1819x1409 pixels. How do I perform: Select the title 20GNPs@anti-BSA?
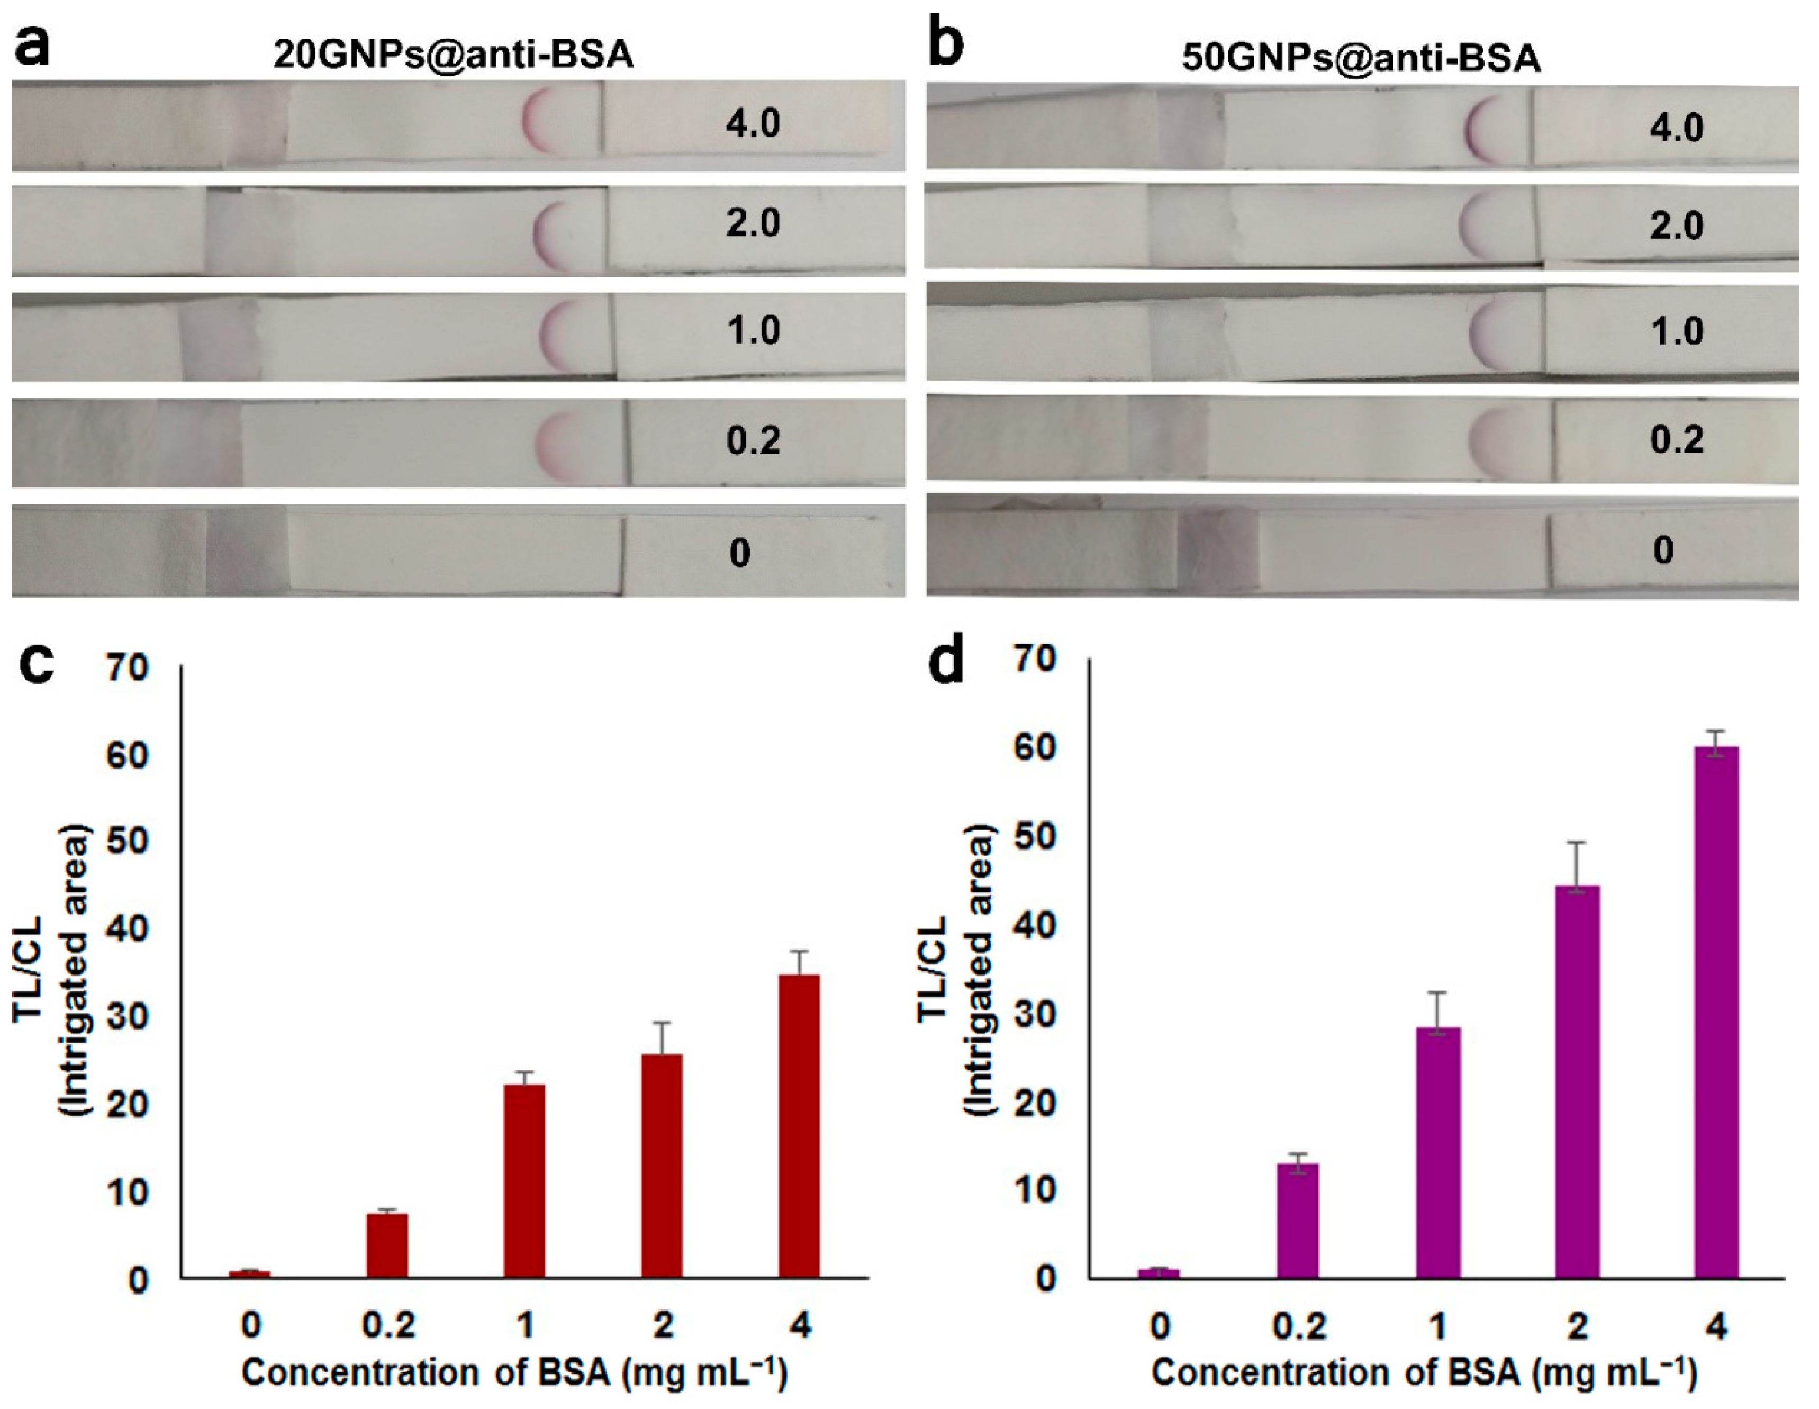(x=454, y=55)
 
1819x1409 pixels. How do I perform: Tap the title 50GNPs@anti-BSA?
(x=1361, y=58)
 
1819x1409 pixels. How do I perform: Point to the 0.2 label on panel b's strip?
(x=1677, y=439)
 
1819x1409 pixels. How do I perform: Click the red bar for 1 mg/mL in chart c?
(x=524, y=1181)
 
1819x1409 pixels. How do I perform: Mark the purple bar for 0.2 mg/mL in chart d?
(x=1298, y=1220)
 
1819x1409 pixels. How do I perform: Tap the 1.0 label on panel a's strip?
(x=753, y=331)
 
